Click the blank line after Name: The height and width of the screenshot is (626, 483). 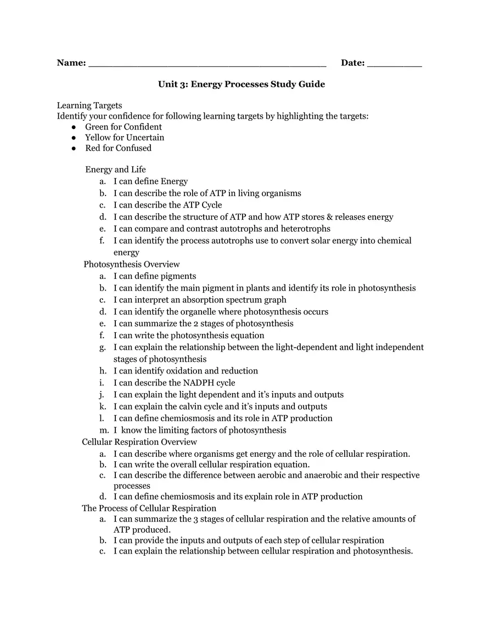tap(207, 65)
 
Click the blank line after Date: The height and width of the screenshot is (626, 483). tap(394, 65)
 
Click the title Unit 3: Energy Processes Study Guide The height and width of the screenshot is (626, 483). tap(241, 84)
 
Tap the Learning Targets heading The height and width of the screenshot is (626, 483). tap(89, 105)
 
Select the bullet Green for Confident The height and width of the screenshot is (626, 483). tap(123, 127)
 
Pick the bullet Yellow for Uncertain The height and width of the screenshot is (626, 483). tap(124, 137)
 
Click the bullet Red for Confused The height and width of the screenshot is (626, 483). tap(118, 148)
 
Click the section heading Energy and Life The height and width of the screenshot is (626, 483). tap(115, 170)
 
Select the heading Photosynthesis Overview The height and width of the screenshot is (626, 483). tap(132, 264)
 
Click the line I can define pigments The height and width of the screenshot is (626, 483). tap(155, 276)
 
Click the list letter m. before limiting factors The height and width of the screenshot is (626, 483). tap(104, 431)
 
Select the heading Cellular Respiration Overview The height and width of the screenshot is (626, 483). tap(139, 442)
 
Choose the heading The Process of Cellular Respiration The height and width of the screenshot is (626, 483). tap(149, 508)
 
